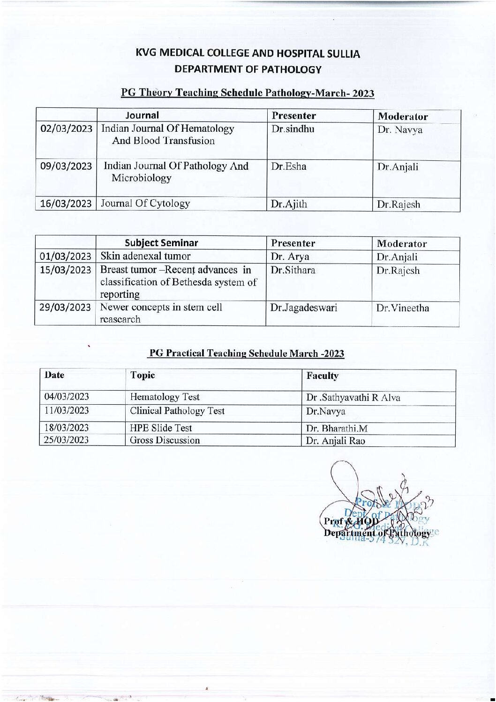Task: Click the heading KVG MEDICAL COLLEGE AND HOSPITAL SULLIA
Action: tap(248, 53)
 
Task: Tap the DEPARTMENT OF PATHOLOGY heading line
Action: tap(248, 70)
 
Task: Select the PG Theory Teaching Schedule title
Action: tap(248, 93)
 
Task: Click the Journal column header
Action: tap(142, 115)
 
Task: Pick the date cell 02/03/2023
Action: tap(66, 128)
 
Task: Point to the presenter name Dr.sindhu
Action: tap(293, 129)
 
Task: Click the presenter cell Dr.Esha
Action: tap(288, 166)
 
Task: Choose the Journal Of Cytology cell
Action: tap(145, 204)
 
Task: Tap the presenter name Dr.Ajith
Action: tap(289, 204)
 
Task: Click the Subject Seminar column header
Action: tap(161, 243)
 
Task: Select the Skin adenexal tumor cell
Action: tap(145, 256)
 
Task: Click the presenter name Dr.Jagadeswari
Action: tap(303, 308)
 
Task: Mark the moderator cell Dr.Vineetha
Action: tap(403, 308)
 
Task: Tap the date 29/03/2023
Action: tap(65, 308)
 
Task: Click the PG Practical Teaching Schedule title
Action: tap(247, 354)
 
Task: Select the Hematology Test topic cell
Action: tap(165, 397)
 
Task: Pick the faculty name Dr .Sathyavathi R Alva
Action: tap(353, 398)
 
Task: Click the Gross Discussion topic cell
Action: tap(165, 440)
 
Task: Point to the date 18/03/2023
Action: tap(66, 428)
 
